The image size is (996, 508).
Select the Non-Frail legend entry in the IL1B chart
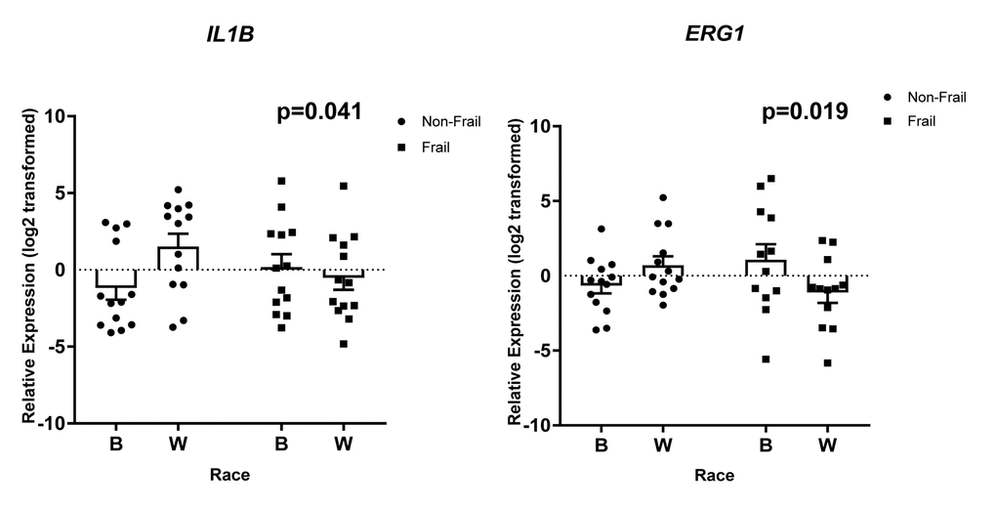click(448, 121)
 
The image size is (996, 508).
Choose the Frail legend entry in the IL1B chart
click(436, 147)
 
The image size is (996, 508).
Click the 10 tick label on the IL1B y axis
click(54, 116)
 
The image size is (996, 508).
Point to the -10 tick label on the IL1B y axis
click(50, 423)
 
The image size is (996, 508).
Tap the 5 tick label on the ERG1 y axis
click(546, 201)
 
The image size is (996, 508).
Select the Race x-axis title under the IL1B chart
click(229, 476)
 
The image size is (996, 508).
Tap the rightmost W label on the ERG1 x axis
click(828, 445)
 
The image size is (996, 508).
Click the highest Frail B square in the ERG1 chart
click(771, 179)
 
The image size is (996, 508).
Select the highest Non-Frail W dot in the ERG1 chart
click(663, 198)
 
